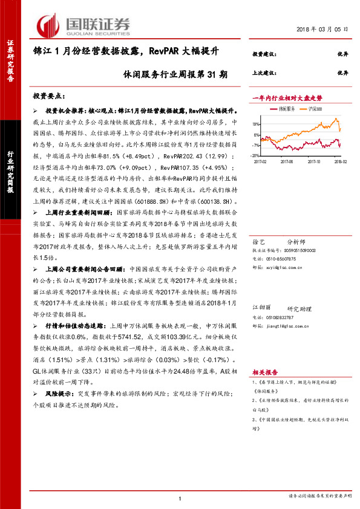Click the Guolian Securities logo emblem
tap(48, 24)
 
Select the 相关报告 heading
tap(264, 372)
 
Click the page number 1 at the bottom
tap(180, 498)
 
